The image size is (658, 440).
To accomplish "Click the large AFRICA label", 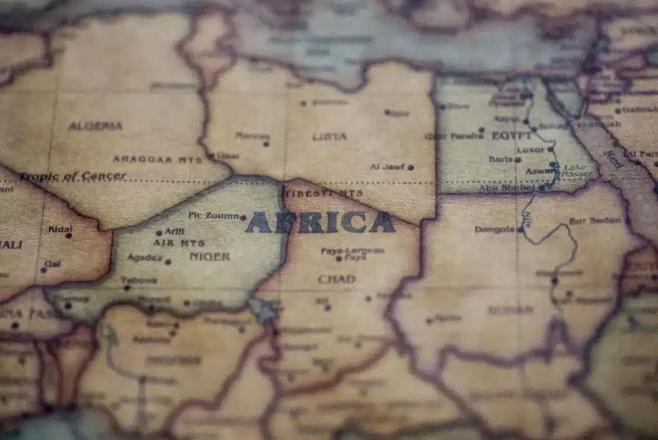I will [x=320, y=223].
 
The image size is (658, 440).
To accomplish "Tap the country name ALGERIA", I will [x=95, y=126].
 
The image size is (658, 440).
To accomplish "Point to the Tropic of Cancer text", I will [x=73, y=176].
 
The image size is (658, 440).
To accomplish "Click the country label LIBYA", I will [x=330, y=136].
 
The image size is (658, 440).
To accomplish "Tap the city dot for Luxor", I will [x=551, y=149].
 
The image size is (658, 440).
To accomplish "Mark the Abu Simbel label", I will [x=505, y=188].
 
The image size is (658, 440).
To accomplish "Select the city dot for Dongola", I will [x=519, y=229].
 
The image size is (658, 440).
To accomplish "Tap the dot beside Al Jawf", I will [x=411, y=167].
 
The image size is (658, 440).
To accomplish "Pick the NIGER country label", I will [x=209, y=256].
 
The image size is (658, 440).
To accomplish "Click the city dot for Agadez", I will [x=168, y=262].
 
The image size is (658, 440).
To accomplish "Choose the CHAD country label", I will [x=336, y=279].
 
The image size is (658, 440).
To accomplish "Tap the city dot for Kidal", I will [x=68, y=235].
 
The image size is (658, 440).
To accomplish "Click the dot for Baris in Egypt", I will [x=517, y=160].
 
